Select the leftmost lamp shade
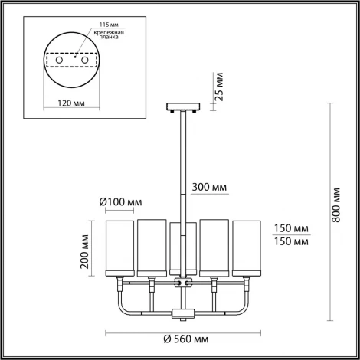[118, 247]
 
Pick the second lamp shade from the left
[151, 247]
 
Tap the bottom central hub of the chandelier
[182, 313]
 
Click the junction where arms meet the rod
[182, 283]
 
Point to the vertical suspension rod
[182, 169]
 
